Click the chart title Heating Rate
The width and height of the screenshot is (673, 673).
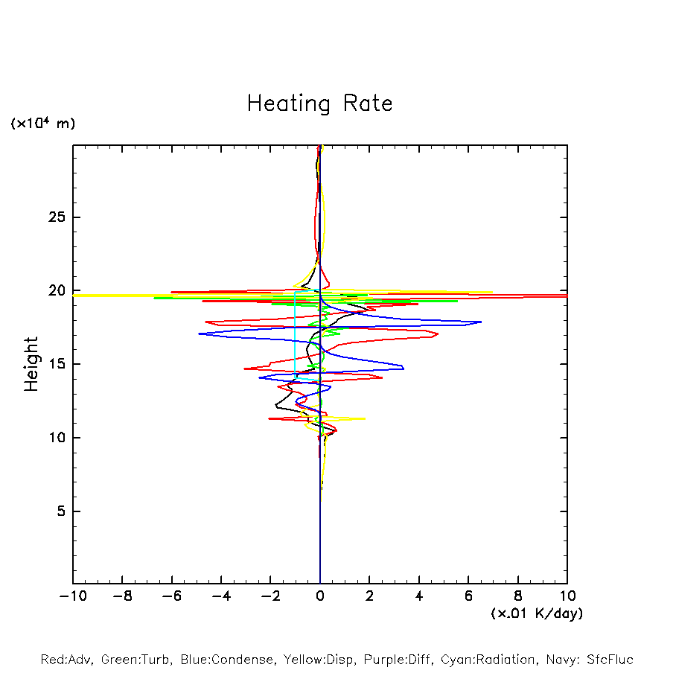click(319, 103)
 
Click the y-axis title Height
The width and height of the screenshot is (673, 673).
click(31, 364)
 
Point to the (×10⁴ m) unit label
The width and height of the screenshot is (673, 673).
click(42, 124)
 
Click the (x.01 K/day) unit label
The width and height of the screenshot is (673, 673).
click(536, 613)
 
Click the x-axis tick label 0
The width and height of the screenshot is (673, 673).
click(320, 596)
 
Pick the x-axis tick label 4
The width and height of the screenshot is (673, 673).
click(419, 596)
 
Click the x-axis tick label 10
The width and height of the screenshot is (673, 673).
click(567, 596)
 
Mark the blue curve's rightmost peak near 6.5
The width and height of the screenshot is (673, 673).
click(481, 322)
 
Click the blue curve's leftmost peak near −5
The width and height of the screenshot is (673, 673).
click(200, 334)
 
